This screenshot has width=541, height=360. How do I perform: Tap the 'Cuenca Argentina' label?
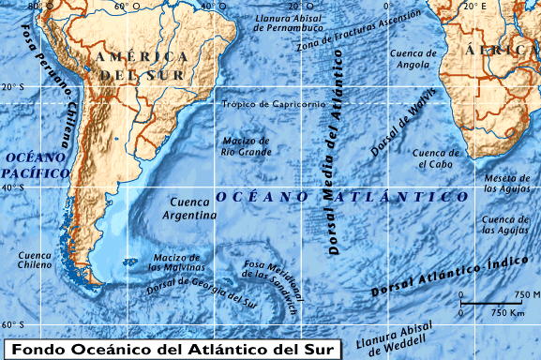coord(193,208)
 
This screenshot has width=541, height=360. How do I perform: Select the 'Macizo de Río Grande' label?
coord(246,145)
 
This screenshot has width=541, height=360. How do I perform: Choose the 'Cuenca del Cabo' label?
coord(436,158)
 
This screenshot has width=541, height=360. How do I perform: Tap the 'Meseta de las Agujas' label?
coord(507,183)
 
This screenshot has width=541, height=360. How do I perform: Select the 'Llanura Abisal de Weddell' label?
coord(398,339)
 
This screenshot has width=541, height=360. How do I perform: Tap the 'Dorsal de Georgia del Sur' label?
coord(201,289)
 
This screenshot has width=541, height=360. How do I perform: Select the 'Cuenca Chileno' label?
coord(35,260)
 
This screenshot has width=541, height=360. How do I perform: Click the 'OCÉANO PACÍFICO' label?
coord(35,165)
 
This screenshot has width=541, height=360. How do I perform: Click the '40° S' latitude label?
coord(14,188)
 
